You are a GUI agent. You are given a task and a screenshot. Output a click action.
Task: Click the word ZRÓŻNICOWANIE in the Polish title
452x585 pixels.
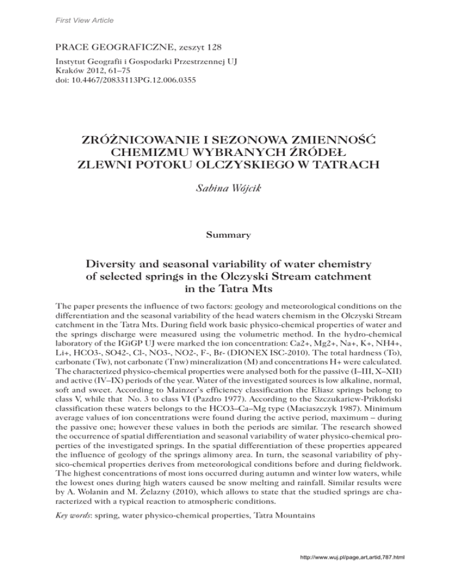point(149,139)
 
